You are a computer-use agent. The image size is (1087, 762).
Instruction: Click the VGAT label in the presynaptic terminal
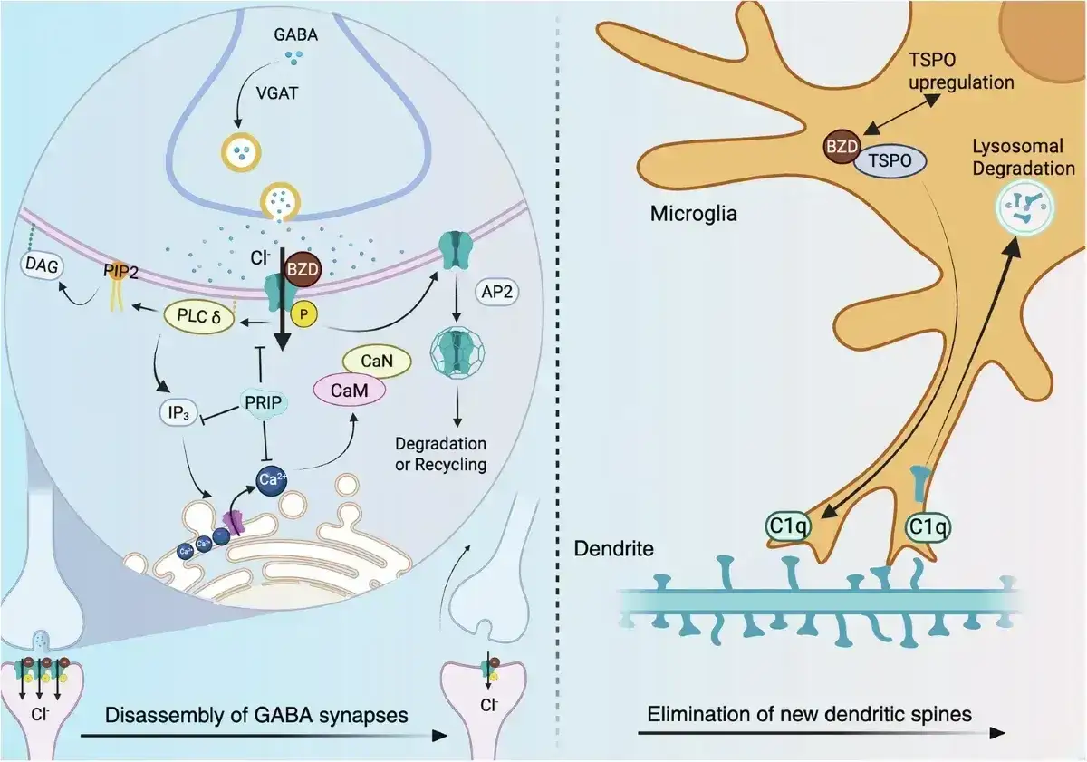tap(276, 92)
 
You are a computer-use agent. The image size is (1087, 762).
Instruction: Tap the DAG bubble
tap(42, 265)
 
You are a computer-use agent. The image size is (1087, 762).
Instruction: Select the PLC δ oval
tap(199, 317)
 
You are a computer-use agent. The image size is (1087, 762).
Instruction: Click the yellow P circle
tap(303, 314)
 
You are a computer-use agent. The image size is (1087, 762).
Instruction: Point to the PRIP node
tap(264, 402)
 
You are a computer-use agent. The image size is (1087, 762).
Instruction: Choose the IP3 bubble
tap(178, 412)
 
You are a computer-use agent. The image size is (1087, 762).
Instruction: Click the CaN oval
tap(377, 361)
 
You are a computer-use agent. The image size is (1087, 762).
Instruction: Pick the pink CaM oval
tap(350, 390)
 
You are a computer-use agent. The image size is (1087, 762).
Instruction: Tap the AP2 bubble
tap(497, 292)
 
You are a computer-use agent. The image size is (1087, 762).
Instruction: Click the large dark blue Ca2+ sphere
tap(272, 480)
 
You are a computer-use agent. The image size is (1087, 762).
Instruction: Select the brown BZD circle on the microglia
tap(841, 146)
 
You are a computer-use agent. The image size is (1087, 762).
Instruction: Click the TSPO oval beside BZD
tap(890, 160)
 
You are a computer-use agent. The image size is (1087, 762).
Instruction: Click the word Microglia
tap(694, 214)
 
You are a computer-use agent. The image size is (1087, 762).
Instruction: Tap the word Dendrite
tap(613, 549)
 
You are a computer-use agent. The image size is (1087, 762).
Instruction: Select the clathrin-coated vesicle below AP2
tap(457, 352)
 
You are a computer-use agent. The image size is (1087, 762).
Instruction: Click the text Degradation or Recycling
tap(440, 454)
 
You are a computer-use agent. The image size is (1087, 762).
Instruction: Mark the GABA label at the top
tap(296, 35)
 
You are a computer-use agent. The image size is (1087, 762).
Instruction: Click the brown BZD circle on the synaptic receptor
tap(303, 269)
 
